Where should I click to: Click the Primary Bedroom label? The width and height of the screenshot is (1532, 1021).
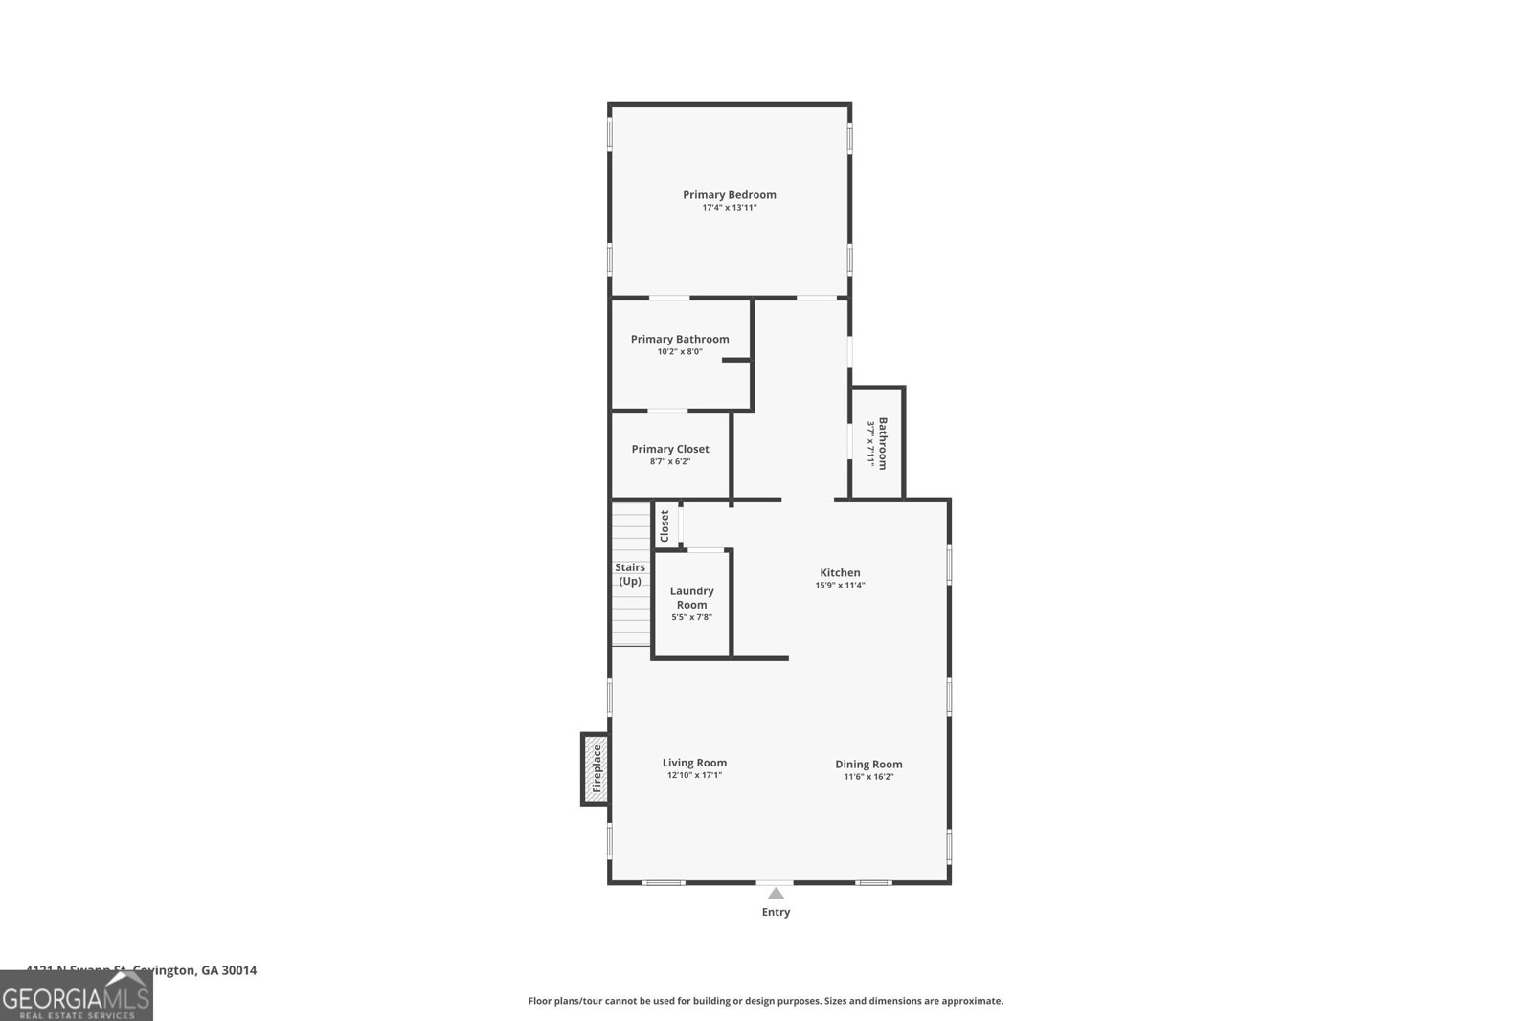pos(729,194)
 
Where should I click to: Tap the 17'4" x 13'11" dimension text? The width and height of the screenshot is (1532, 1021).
pos(729,208)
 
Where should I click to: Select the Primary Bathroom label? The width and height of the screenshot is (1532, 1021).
pos(680,339)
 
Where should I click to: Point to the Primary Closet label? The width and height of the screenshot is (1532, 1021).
pos(670,449)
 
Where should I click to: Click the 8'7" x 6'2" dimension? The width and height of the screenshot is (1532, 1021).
pos(670,461)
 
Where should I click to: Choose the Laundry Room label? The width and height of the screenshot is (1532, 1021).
pos(691,597)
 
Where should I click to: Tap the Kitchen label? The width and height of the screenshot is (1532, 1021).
pos(840,572)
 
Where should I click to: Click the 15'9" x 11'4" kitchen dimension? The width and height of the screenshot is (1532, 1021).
pos(840,586)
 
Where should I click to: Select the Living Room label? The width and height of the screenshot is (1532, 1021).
pos(694,763)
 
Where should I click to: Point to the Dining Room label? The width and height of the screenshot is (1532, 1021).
pos(868,764)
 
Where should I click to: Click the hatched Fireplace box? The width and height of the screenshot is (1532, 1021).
pos(595,768)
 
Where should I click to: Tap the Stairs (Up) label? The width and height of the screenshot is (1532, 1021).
pos(630,574)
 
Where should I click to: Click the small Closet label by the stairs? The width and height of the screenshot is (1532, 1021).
pos(665,525)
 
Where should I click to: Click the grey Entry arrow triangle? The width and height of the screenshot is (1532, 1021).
pos(776,894)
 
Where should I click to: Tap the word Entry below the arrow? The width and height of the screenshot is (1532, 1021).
pos(776,912)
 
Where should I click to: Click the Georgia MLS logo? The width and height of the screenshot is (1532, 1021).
pos(77,997)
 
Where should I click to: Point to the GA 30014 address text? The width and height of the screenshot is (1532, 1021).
pos(228,970)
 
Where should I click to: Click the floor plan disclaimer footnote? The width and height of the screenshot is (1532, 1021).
pos(766,1001)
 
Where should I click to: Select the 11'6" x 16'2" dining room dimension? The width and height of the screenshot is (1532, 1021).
pos(868,777)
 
